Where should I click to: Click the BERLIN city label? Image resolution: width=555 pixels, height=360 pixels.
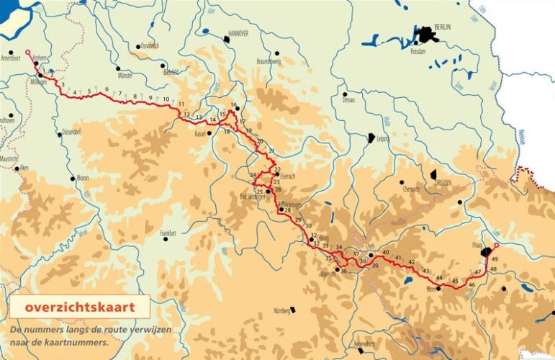[x=442, y=27]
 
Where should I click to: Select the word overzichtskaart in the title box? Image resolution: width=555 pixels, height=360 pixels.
[x=78, y=307]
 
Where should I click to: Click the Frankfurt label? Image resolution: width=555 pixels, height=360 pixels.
[x=168, y=233]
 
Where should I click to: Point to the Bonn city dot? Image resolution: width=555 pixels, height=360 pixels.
[x=72, y=178]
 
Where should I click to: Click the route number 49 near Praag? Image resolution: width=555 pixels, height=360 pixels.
[x=495, y=259]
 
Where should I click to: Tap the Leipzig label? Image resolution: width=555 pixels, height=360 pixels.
[x=382, y=138]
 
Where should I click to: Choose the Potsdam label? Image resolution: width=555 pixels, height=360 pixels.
[x=418, y=53]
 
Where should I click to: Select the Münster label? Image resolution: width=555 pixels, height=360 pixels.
[x=125, y=75]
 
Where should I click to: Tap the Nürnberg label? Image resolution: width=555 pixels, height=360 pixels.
[x=281, y=311]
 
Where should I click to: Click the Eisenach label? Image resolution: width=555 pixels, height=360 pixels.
[x=286, y=175]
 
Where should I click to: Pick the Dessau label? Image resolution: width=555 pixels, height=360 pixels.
[x=349, y=100]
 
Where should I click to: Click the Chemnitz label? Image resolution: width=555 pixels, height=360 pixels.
[x=412, y=189]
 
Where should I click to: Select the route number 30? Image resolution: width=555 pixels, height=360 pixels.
[x=308, y=227]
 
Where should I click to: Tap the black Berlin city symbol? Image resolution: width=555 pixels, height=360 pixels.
[x=425, y=33]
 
